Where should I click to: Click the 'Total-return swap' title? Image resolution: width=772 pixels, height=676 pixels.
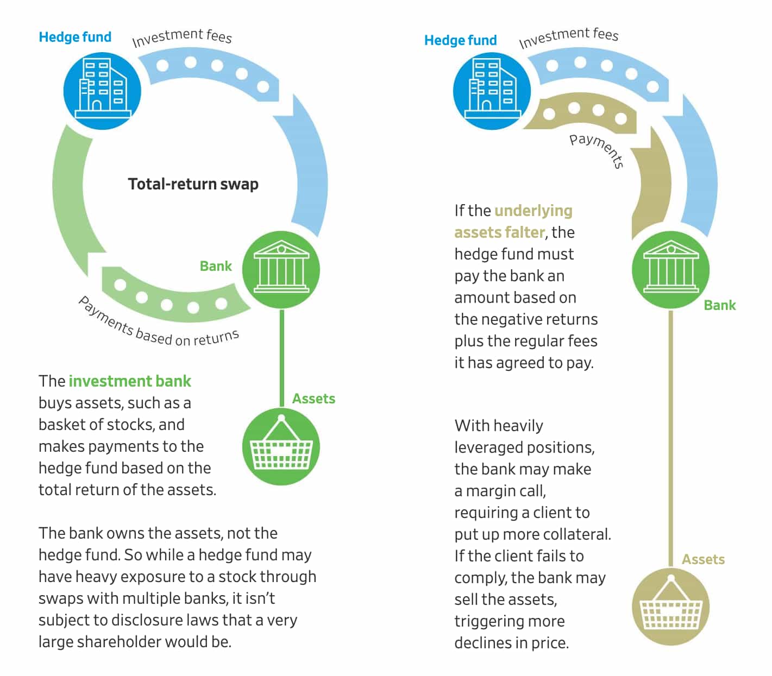tap(193, 184)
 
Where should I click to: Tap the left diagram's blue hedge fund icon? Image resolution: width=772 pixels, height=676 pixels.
tap(102, 90)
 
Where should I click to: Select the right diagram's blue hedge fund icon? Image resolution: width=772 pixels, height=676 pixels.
tap(492, 90)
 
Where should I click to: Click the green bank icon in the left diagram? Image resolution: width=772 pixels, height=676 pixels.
tap(281, 269)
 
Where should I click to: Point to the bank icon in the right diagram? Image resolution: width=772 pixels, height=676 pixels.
tap(670, 269)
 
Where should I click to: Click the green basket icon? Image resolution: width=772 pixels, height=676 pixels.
tap(281, 447)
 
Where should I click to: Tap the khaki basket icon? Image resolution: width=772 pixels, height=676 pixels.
tap(670, 606)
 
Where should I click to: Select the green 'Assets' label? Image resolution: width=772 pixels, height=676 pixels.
tap(313, 399)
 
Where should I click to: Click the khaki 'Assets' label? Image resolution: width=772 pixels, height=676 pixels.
tap(703, 559)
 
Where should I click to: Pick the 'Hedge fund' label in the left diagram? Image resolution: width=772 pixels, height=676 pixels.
tap(75, 37)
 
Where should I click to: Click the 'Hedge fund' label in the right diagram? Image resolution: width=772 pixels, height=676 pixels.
tap(460, 40)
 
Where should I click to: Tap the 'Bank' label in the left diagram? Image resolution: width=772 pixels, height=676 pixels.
tap(216, 266)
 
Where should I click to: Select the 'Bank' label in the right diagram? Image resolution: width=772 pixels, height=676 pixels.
tap(719, 305)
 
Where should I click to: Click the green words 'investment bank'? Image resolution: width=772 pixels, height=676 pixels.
tap(130, 381)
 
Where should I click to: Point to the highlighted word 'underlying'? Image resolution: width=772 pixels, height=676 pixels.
tap(534, 211)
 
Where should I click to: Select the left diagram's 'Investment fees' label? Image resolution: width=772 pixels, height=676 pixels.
tap(182, 37)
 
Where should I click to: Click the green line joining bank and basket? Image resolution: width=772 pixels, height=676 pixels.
tap(281, 358)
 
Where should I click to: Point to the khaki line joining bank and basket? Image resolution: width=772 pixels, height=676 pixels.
tap(670, 434)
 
